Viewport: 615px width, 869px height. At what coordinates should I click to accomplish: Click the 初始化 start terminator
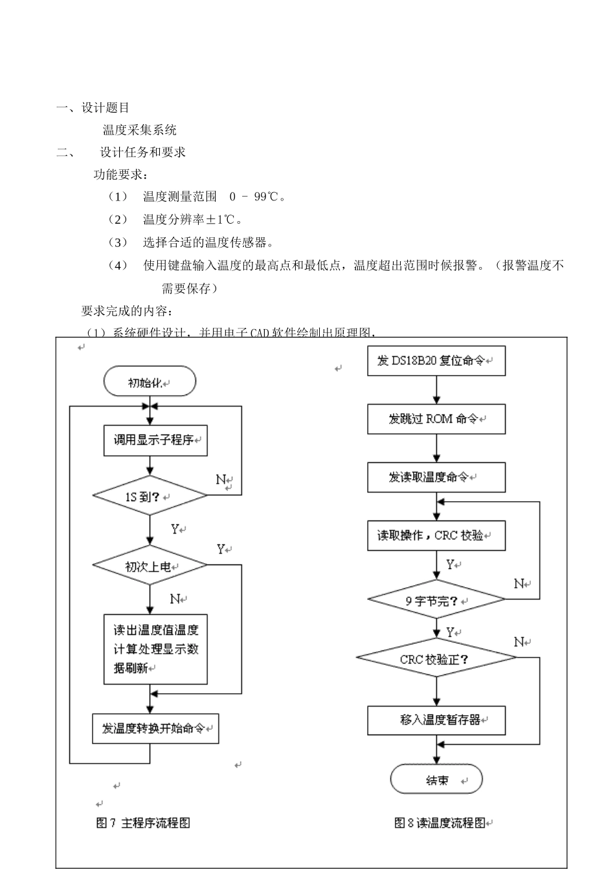click(150, 381)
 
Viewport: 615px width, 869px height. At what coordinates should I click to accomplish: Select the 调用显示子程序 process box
click(155, 440)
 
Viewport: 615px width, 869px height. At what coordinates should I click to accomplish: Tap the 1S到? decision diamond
click(150, 496)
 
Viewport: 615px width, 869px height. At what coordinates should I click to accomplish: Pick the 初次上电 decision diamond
click(150, 566)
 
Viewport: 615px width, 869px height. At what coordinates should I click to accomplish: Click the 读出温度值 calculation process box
click(155, 649)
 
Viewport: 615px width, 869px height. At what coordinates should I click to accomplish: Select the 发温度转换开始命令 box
click(155, 728)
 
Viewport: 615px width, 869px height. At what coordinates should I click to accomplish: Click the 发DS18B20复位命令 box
click(436, 361)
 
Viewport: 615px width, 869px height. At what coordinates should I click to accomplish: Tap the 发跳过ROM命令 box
click(436, 419)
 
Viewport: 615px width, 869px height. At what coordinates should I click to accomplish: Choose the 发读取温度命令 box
click(436, 477)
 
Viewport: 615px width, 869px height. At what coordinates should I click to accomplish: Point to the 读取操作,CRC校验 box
click(436, 535)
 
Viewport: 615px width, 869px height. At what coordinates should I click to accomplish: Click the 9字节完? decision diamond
click(436, 601)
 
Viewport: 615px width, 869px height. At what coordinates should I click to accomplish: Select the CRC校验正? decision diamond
click(436, 659)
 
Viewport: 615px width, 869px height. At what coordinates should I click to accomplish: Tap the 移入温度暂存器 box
click(436, 720)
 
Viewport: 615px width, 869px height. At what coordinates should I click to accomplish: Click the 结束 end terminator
click(436, 780)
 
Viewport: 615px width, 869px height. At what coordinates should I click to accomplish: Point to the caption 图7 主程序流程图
click(143, 822)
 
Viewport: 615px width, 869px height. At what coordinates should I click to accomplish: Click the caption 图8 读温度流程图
click(440, 822)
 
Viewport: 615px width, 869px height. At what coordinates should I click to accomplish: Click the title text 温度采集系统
click(139, 130)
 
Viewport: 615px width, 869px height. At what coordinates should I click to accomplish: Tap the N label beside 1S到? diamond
click(221, 480)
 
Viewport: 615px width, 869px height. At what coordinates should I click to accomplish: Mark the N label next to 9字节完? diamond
click(519, 584)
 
